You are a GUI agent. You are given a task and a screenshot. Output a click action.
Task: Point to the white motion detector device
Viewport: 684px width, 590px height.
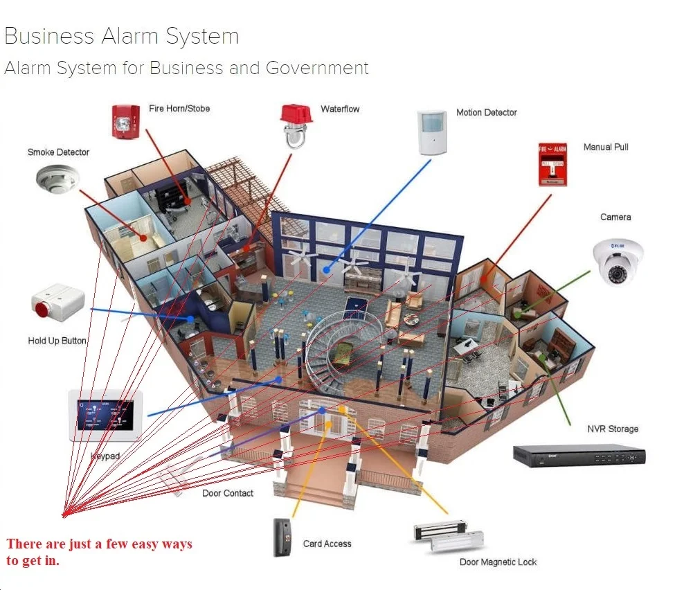tap(434, 132)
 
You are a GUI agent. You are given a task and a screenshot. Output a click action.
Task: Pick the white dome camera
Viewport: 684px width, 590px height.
tap(618, 262)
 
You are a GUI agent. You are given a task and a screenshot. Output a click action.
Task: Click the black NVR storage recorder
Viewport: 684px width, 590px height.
tap(579, 455)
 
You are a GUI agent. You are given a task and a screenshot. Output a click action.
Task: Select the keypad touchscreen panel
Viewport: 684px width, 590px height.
tap(105, 415)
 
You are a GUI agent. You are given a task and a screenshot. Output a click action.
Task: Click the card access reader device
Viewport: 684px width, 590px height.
tap(284, 537)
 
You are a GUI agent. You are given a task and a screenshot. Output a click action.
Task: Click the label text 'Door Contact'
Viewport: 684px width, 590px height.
tap(228, 493)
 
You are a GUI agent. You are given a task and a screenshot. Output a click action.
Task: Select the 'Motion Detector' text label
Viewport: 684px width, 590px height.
tap(486, 112)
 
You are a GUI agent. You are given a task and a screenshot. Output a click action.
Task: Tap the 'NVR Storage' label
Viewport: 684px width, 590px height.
tap(613, 429)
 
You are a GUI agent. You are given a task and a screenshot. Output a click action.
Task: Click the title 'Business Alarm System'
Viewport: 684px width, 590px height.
tap(122, 36)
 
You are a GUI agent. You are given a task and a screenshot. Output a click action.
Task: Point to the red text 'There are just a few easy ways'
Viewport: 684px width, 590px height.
tap(99, 544)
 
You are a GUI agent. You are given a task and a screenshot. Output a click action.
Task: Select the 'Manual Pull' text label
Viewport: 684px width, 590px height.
tap(606, 147)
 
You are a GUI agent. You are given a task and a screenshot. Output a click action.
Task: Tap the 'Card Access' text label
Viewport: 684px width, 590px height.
tap(327, 544)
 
